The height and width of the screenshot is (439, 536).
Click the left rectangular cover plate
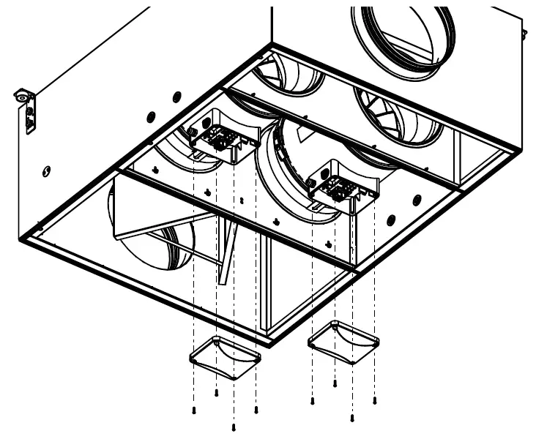226,357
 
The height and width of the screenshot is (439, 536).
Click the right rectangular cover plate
343,341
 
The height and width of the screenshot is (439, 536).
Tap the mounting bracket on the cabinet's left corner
26,110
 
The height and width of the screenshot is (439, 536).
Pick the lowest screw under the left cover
233,427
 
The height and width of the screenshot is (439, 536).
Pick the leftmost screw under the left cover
193,410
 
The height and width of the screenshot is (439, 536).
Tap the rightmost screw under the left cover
256,410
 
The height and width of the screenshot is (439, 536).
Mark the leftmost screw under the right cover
313,401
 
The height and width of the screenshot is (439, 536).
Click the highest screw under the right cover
335,383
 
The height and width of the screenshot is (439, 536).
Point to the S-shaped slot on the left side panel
47,172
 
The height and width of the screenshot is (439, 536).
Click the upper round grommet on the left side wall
176,97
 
